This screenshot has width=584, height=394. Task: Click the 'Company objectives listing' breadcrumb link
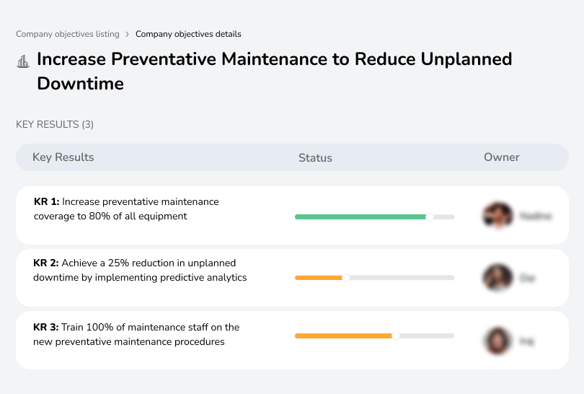point(68,34)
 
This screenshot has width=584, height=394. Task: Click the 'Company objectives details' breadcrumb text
point(188,34)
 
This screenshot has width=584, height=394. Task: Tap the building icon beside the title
point(23,61)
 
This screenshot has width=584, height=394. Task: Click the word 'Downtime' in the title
point(80,84)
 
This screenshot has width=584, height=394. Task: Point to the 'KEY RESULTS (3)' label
point(55,124)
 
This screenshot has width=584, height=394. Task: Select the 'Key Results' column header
point(63,157)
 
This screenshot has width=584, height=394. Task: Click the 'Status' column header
point(315,157)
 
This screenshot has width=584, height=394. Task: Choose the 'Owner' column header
point(502,157)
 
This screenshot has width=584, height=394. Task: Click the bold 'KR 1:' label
point(47,202)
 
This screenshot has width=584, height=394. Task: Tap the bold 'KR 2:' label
point(47,263)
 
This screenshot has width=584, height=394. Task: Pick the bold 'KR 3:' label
point(47,327)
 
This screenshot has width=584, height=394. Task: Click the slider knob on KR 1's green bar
point(429,216)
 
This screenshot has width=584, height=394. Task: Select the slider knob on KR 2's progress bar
point(345,278)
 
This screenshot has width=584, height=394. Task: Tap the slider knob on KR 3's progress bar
point(395,336)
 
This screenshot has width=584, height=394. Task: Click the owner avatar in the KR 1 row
point(497,215)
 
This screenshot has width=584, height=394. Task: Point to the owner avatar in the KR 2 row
point(497,277)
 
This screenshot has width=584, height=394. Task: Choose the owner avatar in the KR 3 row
point(497,341)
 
